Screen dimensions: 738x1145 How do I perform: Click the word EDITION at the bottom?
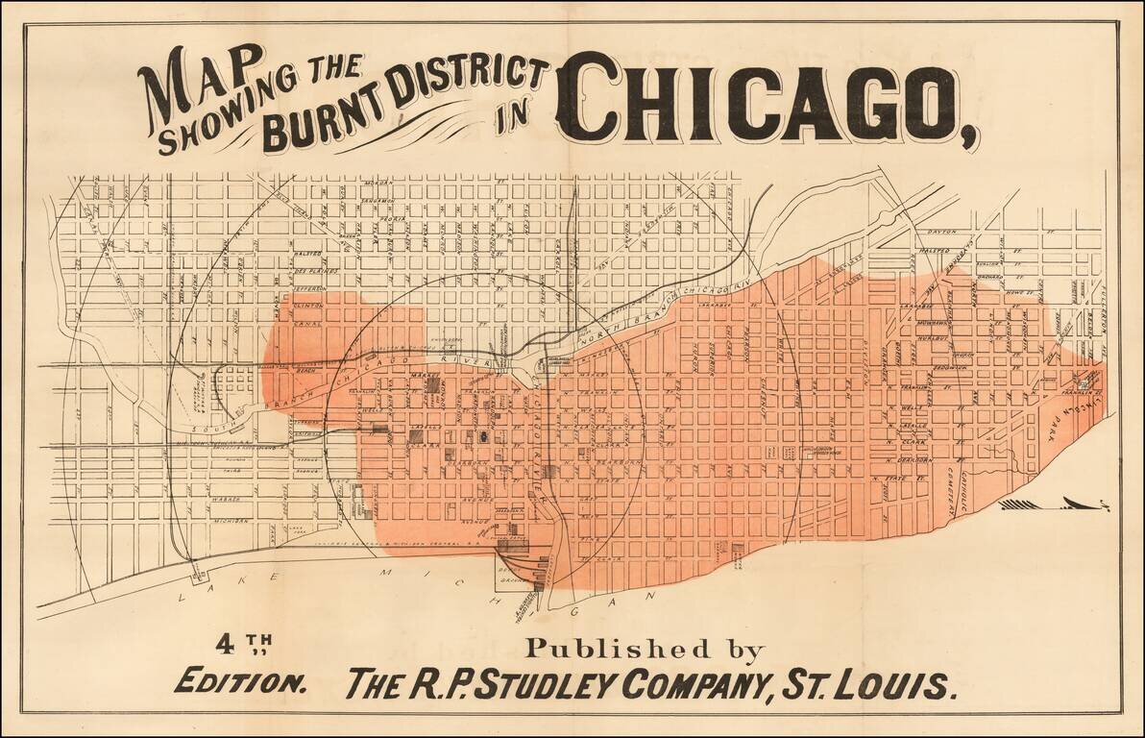tap(241, 684)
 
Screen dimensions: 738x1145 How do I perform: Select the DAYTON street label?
tap(946, 233)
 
